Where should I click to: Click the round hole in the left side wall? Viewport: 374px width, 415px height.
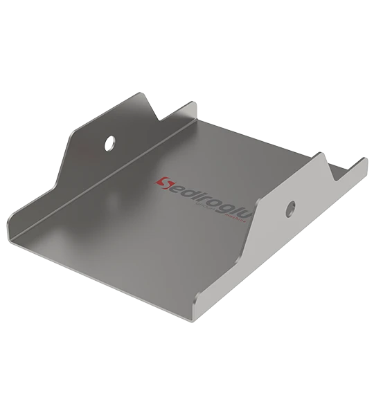(109, 143)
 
